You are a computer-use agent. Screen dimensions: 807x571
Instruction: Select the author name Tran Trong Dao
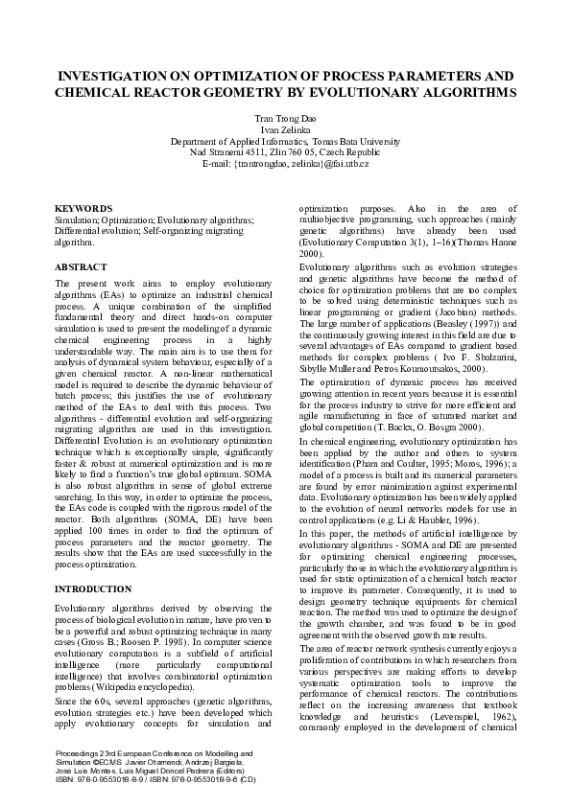pyautogui.click(x=285, y=119)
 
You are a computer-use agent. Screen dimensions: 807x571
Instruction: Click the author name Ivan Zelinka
pyautogui.click(x=285, y=129)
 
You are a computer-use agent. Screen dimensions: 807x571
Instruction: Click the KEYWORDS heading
pyautogui.click(x=83, y=208)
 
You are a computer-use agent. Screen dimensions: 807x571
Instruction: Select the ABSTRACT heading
pyautogui.click(x=81, y=266)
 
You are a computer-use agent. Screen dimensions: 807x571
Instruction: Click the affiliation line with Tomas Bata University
pyautogui.click(x=285, y=141)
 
